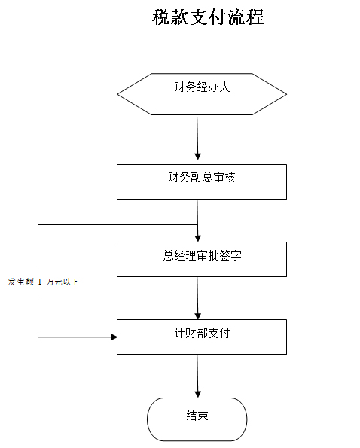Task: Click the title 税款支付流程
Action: pyautogui.click(x=208, y=17)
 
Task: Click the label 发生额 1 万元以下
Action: pyautogui.click(x=43, y=282)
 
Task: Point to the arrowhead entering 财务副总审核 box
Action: pyautogui.click(x=198, y=157)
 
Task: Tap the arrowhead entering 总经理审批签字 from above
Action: pyautogui.click(x=198, y=238)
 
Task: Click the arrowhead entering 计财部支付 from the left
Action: pyautogui.click(x=114, y=337)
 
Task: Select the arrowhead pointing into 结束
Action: pyautogui.click(x=198, y=394)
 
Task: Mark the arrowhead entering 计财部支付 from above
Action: pyautogui.click(x=198, y=316)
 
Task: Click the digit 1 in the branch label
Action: pyautogui.click(x=40, y=282)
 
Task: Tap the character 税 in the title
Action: pyautogui.click(x=161, y=17)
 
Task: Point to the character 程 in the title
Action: pyautogui.click(x=255, y=17)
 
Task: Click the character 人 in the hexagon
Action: pyautogui.click(x=224, y=87)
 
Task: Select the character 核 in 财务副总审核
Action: pyautogui.click(x=230, y=178)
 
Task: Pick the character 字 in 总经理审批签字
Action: pyautogui.click(x=236, y=255)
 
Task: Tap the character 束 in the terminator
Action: pyautogui.click(x=203, y=416)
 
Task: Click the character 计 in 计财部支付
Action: pyautogui.click(x=179, y=333)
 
